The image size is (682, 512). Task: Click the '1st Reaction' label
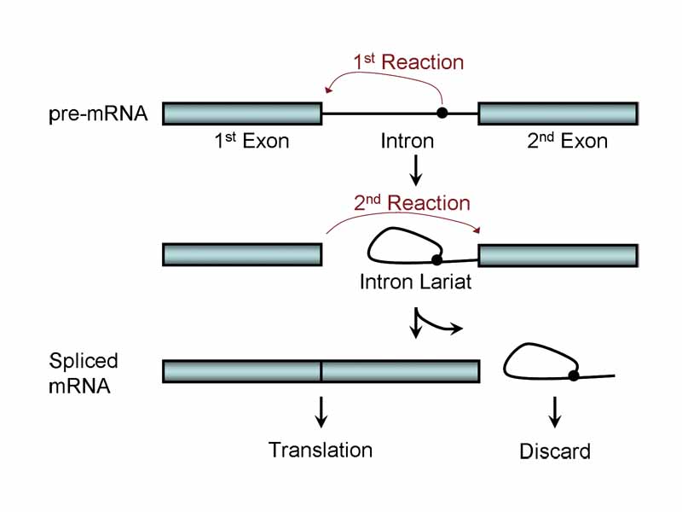click(x=408, y=62)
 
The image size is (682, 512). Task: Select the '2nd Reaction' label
click(x=412, y=203)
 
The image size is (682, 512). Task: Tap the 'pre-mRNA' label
click(x=98, y=113)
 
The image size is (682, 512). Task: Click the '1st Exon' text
click(x=251, y=141)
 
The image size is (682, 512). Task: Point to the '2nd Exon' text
click(x=567, y=141)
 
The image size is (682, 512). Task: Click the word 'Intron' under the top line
click(x=407, y=141)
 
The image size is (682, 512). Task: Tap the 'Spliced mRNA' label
click(x=84, y=372)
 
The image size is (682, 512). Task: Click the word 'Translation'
click(x=321, y=450)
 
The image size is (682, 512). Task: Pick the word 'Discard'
click(x=555, y=451)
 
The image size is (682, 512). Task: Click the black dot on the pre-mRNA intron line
click(x=442, y=113)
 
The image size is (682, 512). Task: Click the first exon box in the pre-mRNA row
click(x=241, y=113)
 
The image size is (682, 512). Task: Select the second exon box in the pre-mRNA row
click(x=558, y=113)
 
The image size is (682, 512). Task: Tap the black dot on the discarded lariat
click(x=574, y=375)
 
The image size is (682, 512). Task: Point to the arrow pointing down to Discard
click(x=556, y=411)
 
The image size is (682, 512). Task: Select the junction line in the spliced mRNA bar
click(x=321, y=371)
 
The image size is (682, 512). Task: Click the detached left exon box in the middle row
click(x=241, y=254)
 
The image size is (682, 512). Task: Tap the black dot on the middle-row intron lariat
click(x=436, y=259)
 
